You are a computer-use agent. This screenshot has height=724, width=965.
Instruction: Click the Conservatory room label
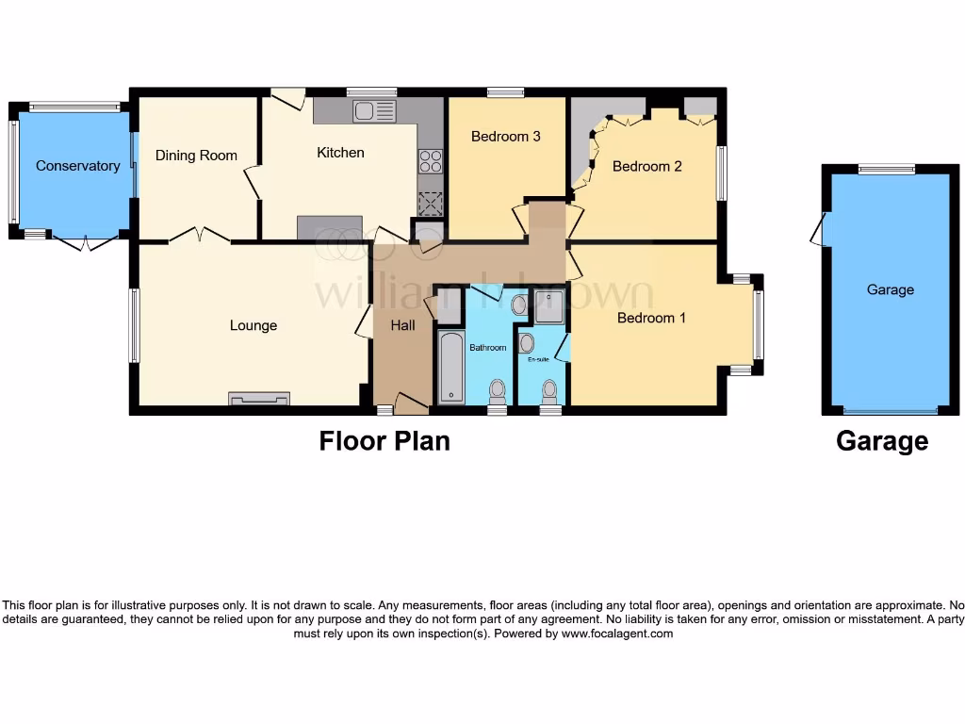coord(77,166)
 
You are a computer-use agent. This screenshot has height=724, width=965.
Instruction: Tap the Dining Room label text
coord(196,156)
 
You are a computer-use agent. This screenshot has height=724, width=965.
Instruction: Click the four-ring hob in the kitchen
coord(431,161)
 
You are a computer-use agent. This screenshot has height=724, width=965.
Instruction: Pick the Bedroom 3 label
coord(505,137)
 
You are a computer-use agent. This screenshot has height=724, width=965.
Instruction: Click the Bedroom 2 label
coord(646,167)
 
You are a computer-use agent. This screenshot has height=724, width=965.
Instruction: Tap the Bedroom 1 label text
coord(651,319)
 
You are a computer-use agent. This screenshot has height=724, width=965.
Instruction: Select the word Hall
coord(403,325)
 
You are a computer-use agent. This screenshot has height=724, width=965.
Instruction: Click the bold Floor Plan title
coord(384,441)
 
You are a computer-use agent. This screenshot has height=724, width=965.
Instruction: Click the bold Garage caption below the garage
coord(881,441)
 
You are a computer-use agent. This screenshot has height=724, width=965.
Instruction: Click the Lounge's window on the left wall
coord(135,325)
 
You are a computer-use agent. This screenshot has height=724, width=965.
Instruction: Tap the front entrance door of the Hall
coord(411,403)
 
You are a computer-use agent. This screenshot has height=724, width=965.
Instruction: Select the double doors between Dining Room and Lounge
coord(200,236)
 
